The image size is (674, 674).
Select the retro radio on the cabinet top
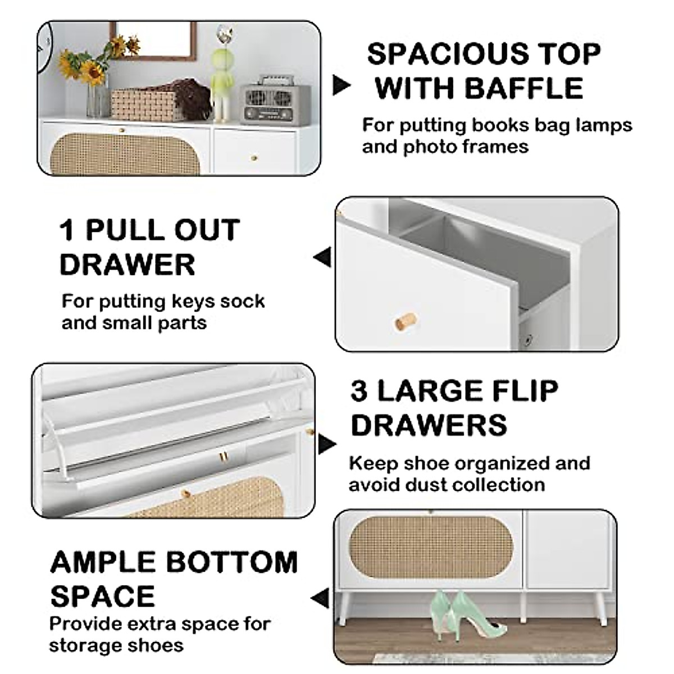pyautogui.click(x=275, y=104)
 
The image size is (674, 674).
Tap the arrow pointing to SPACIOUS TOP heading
pyautogui.click(x=341, y=85)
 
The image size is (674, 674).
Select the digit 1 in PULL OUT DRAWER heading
pyautogui.click(x=67, y=230)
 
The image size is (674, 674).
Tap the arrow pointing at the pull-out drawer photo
pyautogui.click(x=322, y=258)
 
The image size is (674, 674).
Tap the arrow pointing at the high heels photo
pyautogui.click(x=321, y=598)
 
